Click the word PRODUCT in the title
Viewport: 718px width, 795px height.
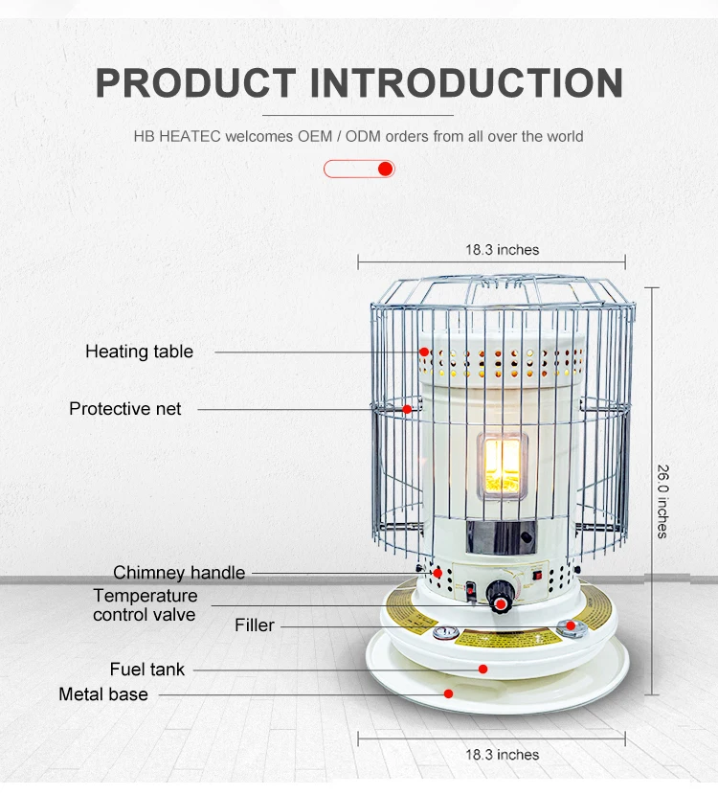(x=196, y=83)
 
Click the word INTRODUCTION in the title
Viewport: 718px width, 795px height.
(x=466, y=83)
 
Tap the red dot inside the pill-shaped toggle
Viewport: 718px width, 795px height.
(x=385, y=170)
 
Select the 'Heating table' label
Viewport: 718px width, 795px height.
(x=139, y=352)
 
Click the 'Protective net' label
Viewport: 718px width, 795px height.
(x=124, y=409)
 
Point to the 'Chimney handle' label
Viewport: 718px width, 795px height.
(x=179, y=573)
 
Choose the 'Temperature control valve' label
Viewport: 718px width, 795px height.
(x=145, y=605)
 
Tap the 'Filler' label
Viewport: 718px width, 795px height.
(x=255, y=625)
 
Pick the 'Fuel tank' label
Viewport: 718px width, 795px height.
(x=147, y=670)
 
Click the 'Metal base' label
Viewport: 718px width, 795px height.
(x=103, y=694)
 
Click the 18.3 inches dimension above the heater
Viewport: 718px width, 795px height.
(x=502, y=250)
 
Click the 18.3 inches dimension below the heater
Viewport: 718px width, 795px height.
(x=502, y=755)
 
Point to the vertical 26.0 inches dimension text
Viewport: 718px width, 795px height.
(x=662, y=501)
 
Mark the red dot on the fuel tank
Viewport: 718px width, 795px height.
(x=483, y=669)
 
